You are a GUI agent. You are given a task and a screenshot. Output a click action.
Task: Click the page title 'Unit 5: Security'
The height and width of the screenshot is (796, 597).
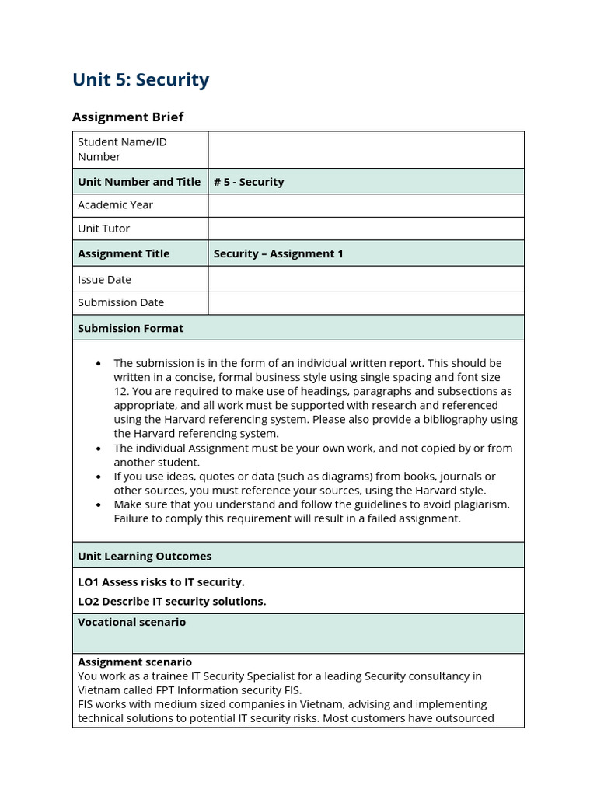[141, 80]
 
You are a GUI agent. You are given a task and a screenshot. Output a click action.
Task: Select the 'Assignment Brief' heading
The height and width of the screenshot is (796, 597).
[128, 117]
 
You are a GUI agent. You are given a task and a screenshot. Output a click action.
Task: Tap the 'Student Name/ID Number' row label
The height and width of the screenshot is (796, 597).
[122, 149]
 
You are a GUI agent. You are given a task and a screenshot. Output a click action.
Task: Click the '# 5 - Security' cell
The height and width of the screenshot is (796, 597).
[249, 182]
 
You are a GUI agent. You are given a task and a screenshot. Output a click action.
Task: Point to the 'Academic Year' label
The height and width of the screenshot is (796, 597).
[115, 205]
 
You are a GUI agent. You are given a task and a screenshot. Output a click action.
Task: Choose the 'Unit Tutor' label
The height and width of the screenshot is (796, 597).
[104, 229]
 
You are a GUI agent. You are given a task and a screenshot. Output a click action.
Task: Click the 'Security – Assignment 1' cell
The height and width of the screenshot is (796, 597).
[278, 253]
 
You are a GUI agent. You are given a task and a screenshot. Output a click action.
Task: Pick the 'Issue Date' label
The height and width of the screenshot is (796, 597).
[104, 279]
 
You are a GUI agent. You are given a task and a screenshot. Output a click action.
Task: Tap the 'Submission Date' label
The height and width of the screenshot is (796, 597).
[120, 302]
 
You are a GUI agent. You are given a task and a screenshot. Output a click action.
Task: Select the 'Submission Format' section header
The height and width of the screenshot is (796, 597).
[131, 328]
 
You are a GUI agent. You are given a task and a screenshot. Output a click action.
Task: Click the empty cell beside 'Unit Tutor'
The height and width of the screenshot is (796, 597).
[365, 229]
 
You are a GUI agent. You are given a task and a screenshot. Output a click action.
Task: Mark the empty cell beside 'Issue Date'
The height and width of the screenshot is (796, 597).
[365, 279]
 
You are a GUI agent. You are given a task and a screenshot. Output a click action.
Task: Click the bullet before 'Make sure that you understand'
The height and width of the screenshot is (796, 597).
[99, 504]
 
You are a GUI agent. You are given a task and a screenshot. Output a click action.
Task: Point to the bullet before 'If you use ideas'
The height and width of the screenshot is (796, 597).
[99, 477]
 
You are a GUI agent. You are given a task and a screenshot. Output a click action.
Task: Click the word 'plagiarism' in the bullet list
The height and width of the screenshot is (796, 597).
[482, 504]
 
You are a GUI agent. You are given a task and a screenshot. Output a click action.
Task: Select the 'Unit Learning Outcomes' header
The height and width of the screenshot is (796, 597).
[145, 557]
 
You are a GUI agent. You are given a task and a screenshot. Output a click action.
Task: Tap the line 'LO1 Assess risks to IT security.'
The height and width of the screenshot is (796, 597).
[161, 582]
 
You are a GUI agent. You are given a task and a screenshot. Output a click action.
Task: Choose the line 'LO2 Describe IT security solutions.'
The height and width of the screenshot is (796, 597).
[172, 601]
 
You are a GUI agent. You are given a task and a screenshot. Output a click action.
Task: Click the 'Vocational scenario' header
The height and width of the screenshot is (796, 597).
[131, 623]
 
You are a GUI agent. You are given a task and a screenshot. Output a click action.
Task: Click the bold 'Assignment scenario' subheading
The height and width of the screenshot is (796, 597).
[134, 662]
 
